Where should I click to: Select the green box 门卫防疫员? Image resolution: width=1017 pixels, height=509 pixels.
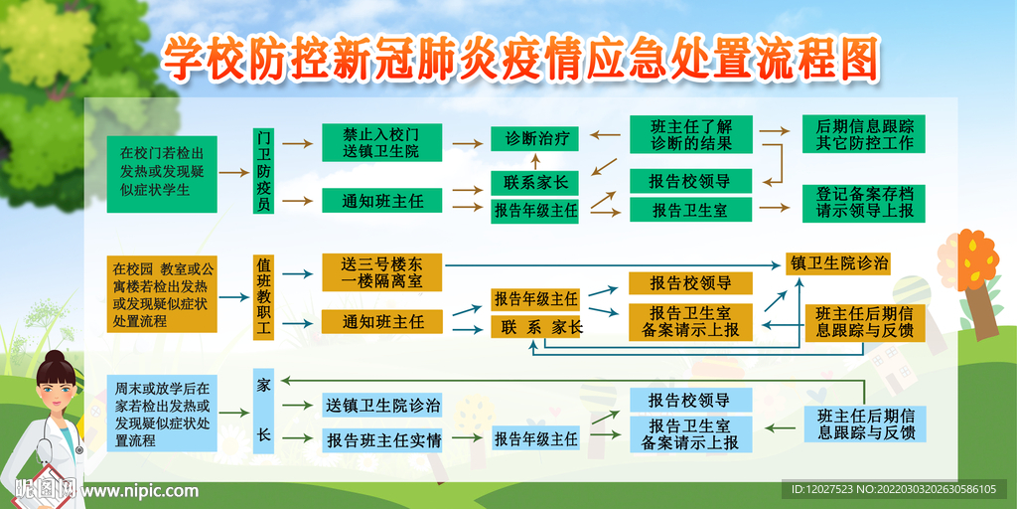click(x=263, y=170)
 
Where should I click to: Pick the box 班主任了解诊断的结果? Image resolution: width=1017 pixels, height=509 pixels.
click(x=691, y=134)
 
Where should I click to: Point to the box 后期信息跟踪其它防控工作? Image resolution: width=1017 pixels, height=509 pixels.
click(x=864, y=134)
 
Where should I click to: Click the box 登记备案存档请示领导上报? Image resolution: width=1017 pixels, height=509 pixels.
click(x=864, y=202)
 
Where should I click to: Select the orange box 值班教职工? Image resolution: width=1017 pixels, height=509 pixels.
click(x=263, y=295)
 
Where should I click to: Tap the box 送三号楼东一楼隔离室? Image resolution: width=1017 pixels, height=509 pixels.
click(x=381, y=273)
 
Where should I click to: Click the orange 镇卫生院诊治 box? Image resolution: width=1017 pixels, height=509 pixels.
click(x=838, y=263)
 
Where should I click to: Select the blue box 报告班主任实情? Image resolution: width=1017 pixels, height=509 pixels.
click(x=382, y=439)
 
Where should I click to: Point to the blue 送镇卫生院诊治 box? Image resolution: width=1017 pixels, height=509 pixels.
click(x=382, y=405)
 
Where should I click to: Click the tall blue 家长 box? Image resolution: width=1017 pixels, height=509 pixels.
click(x=263, y=410)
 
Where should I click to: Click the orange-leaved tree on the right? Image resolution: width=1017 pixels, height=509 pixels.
click(x=968, y=260)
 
